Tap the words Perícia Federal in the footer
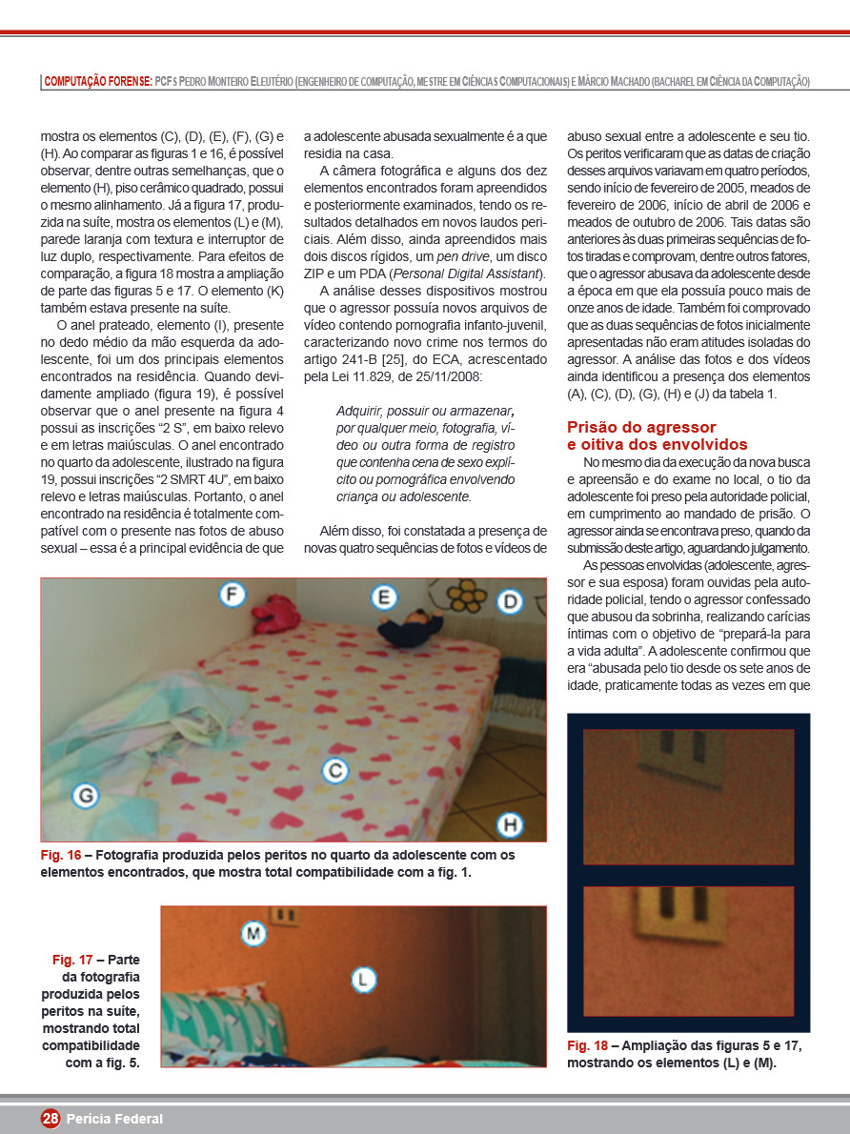tap(114, 1119)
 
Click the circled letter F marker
tap(232, 596)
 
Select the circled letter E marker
tap(383, 597)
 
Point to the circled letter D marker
tap(511, 601)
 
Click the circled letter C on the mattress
tap(334, 771)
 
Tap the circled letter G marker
tap(86, 795)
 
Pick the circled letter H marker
tap(512, 824)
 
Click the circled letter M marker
tap(253, 933)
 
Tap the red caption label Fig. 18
tap(587, 1045)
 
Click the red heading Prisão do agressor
tap(641, 427)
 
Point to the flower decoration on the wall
tap(465, 597)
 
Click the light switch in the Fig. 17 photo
tap(283, 916)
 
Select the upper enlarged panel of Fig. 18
tap(688, 797)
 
